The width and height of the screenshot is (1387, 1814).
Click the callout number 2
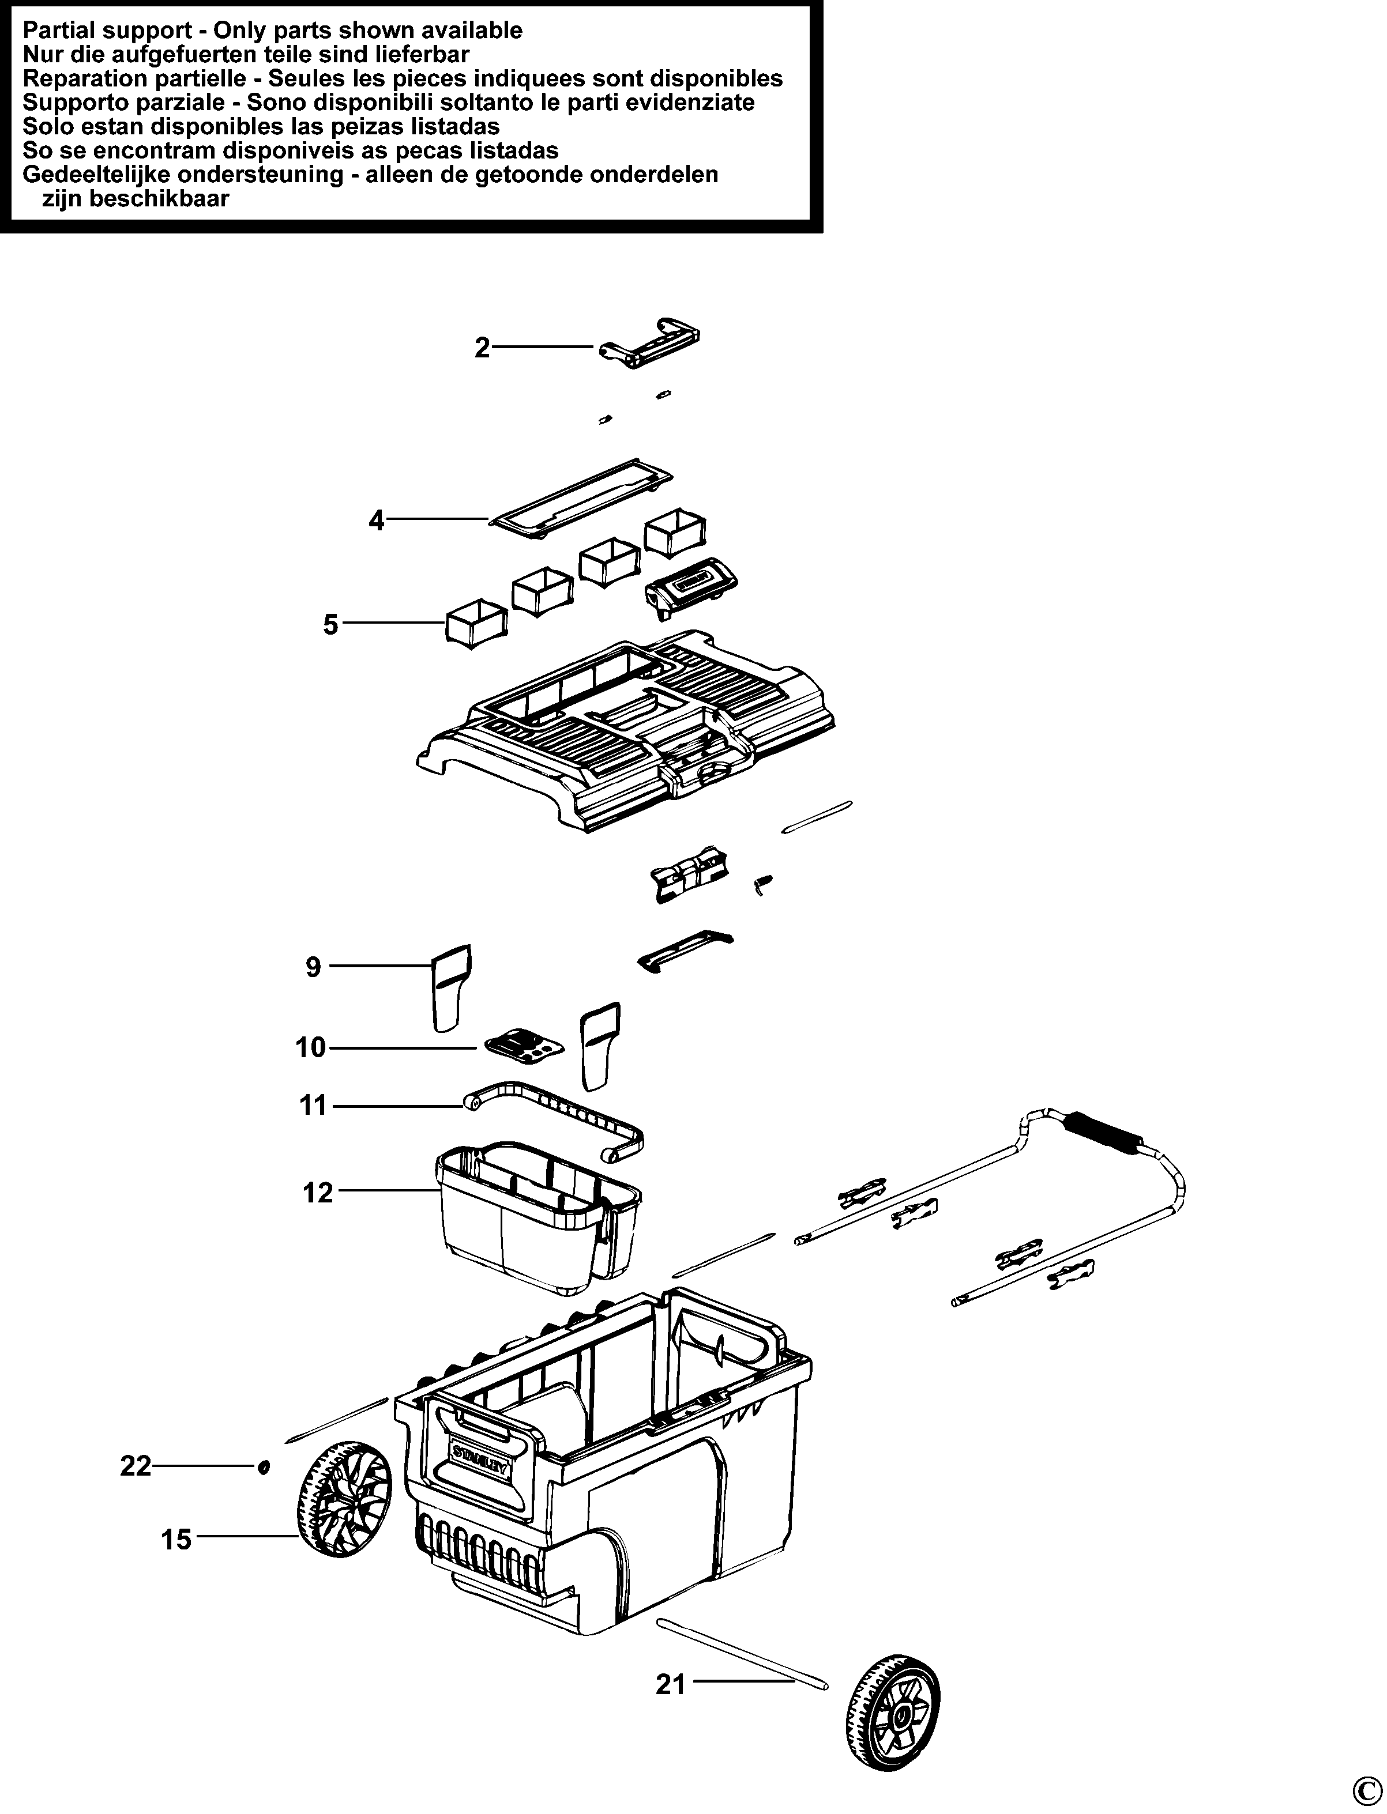pos(482,348)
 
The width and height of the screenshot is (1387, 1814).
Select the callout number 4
pos(377,521)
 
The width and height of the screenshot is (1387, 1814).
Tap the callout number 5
pos(330,625)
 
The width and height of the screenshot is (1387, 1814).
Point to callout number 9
pos(313,967)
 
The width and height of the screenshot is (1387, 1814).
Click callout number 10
pos(311,1048)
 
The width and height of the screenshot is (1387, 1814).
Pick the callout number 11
pos(314,1105)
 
